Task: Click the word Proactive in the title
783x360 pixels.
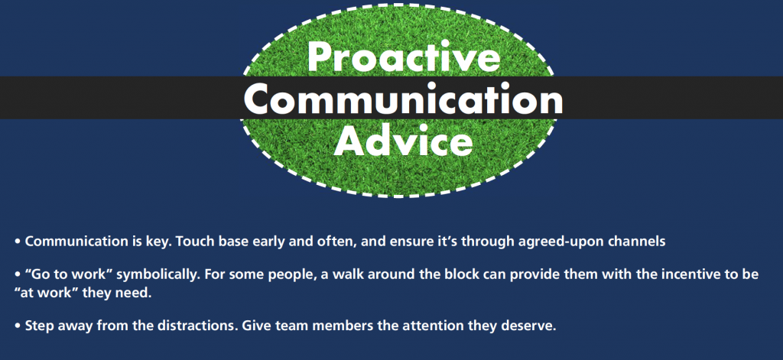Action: (404, 56)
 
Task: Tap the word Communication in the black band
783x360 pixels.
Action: (404, 99)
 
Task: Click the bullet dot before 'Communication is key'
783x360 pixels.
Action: (18, 242)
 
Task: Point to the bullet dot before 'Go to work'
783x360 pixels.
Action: (18, 275)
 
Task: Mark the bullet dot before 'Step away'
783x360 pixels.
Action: (18, 326)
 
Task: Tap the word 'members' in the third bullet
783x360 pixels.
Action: (332, 326)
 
